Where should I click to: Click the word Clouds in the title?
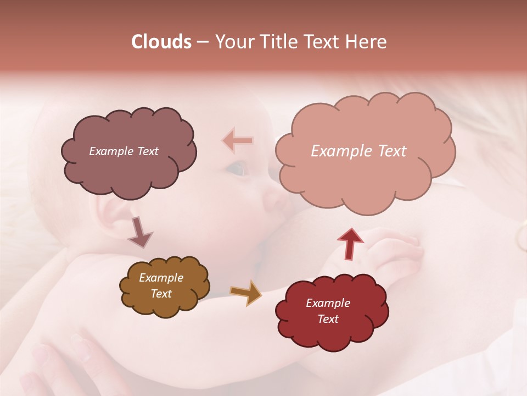click(x=162, y=42)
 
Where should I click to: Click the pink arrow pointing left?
click(x=238, y=141)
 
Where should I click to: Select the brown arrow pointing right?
click(x=246, y=293)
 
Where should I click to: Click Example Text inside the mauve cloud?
click(x=124, y=151)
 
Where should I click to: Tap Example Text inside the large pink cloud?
click(x=358, y=151)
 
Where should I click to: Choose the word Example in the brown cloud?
click(x=161, y=278)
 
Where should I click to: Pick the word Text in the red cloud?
click(x=328, y=319)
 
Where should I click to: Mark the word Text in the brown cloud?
click(x=161, y=294)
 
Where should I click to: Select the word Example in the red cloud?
click(x=328, y=303)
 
